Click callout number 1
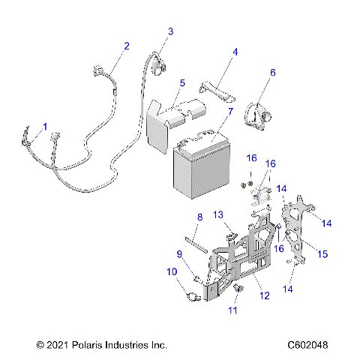[45, 127]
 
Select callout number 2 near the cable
[126, 46]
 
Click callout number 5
[181, 82]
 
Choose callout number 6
[273, 73]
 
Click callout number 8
[199, 217]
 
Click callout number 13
[219, 215]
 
